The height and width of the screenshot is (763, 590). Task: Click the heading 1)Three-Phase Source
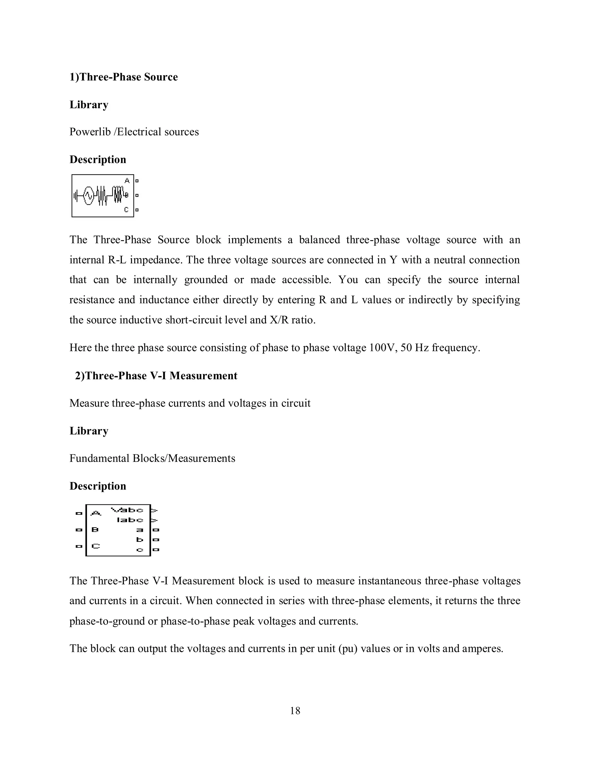point(123,77)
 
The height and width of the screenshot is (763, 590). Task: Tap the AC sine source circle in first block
point(88,196)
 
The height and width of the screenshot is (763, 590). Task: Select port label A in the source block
point(127,181)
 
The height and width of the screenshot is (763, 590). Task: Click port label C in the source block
point(126,210)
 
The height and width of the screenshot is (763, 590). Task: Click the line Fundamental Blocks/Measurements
point(152,458)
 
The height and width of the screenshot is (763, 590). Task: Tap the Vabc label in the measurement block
point(127,510)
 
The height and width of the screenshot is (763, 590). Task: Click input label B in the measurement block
point(95,529)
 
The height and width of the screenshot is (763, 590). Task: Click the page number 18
point(295,711)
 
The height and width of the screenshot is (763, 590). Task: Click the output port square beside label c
point(156,550)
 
